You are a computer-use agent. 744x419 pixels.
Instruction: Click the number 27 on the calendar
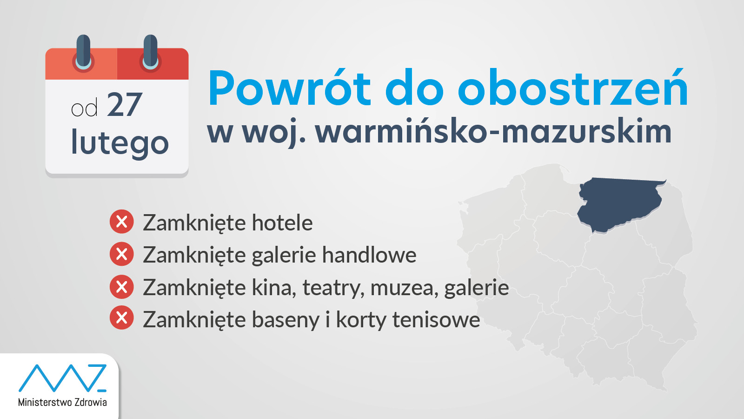point(125,105)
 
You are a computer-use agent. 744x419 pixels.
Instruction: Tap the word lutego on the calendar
point(120,142)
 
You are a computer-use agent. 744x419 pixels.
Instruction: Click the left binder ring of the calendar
point(83,53)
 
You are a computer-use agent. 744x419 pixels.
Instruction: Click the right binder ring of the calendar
point(151,53)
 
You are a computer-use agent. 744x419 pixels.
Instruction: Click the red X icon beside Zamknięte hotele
point(121,222)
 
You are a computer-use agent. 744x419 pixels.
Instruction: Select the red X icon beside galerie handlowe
point(121,254)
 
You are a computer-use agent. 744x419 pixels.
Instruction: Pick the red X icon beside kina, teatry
point(121,287)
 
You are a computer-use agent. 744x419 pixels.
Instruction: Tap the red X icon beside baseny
point(121,318)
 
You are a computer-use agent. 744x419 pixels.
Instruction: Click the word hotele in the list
point(282,223)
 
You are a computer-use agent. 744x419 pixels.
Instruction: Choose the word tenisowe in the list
point(436,319)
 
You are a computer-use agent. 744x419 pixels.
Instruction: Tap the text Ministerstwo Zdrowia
point(62,402)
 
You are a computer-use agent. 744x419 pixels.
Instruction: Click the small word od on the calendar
point(84,108)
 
